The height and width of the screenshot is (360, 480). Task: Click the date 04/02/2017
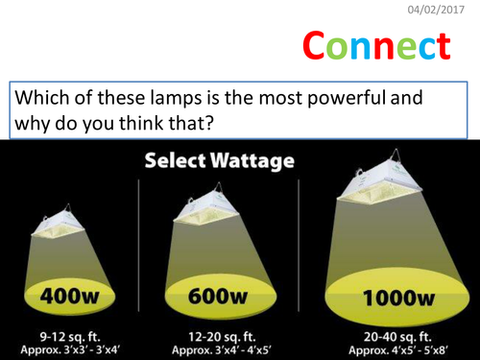[x=440, y=10]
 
